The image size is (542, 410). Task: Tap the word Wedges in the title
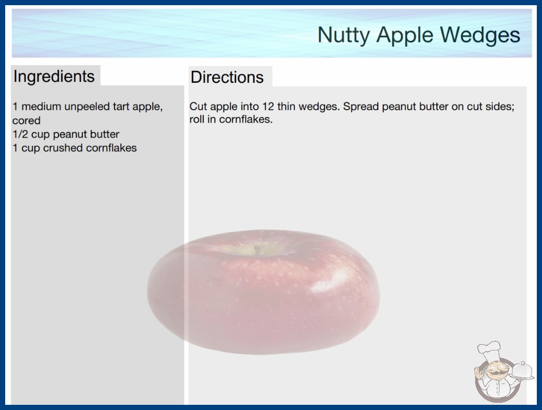480,35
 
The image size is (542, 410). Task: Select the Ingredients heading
54,77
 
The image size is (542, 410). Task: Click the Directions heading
227,77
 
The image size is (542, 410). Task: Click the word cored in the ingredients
26,121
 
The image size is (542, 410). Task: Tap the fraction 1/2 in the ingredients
20,134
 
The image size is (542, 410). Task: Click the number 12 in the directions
268,107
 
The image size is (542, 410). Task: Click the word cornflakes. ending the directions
246,119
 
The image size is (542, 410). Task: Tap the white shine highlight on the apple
325,284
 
